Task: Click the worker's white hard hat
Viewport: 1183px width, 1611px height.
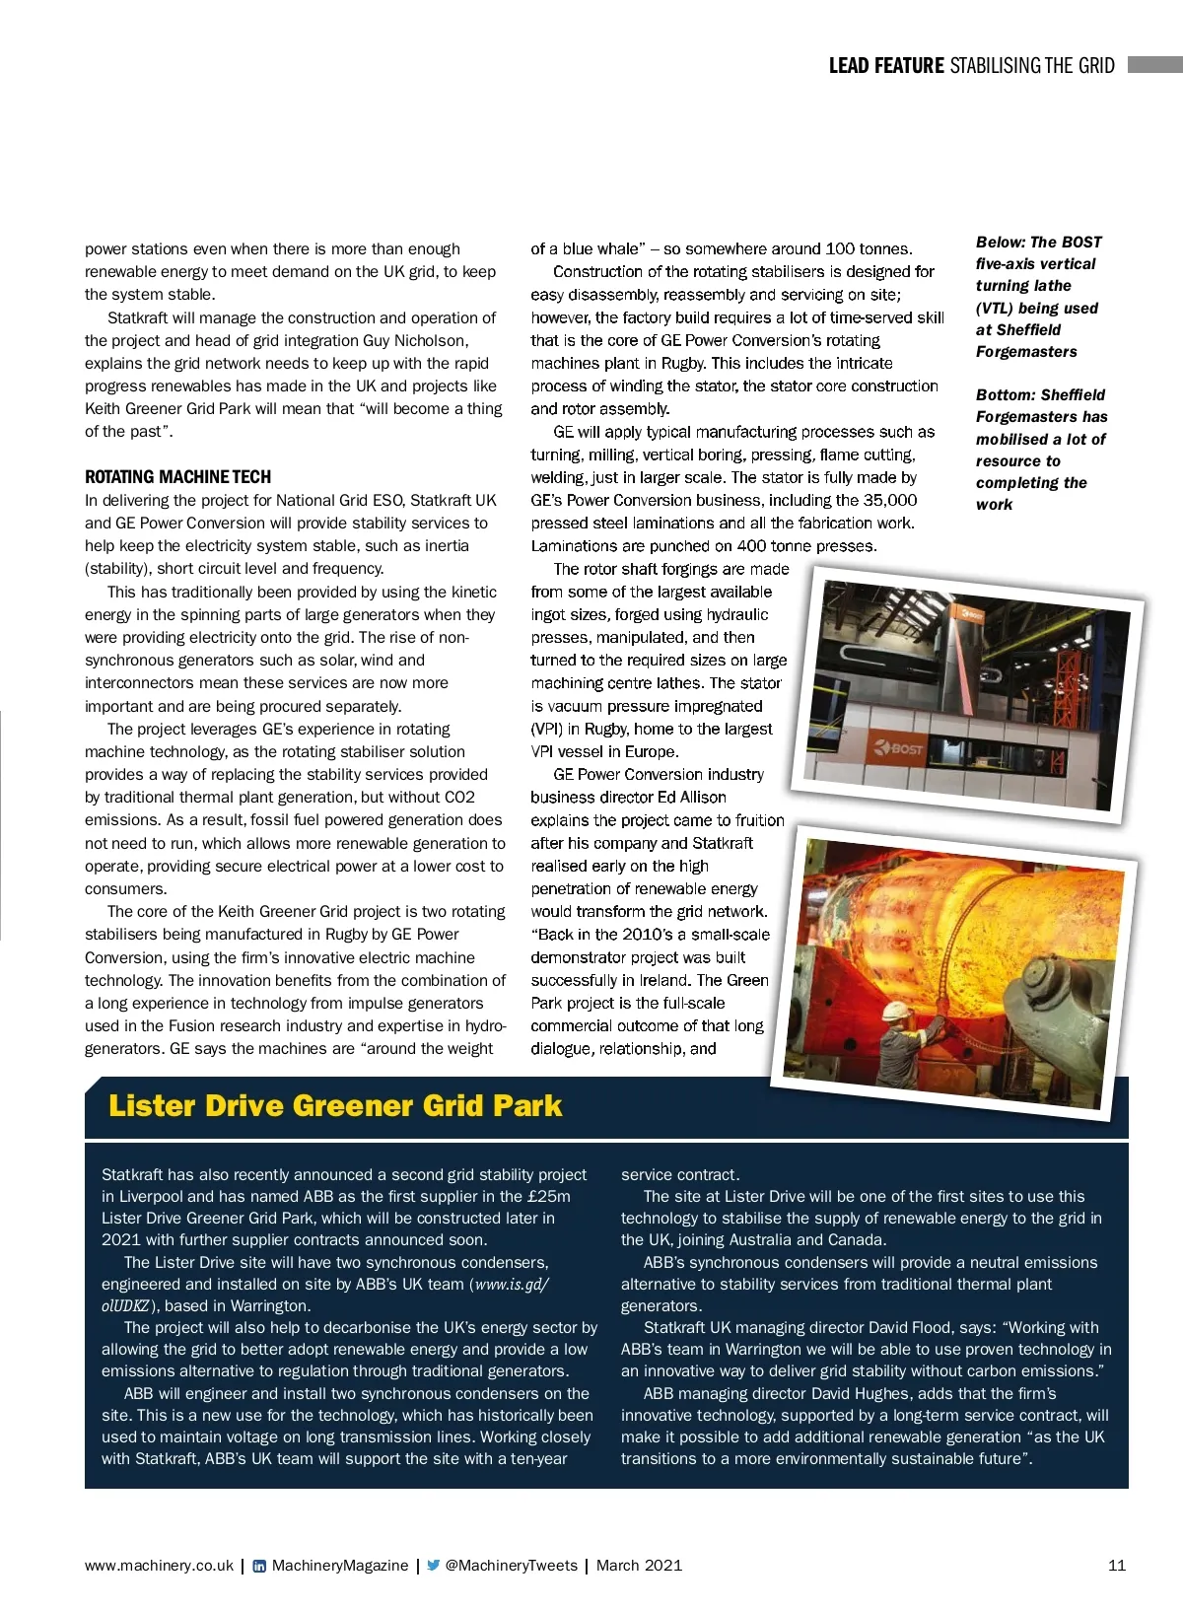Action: (895, 1011)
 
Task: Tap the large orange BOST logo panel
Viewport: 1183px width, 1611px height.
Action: (895, 749)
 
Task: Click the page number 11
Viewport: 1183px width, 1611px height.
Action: (1117, 1565)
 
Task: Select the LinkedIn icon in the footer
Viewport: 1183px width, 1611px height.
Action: (259, 1566)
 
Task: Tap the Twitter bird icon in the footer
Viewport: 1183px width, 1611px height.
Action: (433, 1565)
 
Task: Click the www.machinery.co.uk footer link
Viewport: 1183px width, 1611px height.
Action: (159, 1565)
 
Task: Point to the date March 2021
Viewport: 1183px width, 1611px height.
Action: (639, 1565)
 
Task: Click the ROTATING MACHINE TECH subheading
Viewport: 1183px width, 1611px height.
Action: (177, 476)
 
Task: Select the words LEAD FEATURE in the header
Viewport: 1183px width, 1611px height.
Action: (886, 66)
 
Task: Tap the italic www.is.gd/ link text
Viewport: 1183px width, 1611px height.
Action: (511, 1284)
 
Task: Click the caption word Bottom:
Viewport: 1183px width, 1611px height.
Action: (1007, 394)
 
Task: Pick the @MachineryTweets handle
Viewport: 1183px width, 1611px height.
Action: (511, 1565)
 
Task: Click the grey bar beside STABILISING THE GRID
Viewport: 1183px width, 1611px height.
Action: (1154, 65)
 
